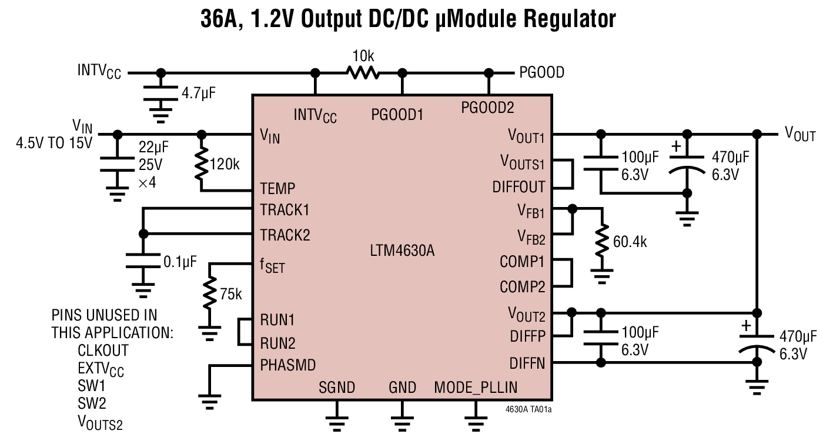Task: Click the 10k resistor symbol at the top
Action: click(x=363, y=72)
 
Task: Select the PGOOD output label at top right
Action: click(x=541, y=72)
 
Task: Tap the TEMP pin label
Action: click(x=277, y=189)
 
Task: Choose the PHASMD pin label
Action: click(x=288, y=365)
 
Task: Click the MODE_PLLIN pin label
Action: click(x=476, y=388)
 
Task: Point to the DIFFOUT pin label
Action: click(x=518, y=187)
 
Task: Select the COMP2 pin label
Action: click(x=522, y=287)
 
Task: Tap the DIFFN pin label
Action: click(x=527, y=364)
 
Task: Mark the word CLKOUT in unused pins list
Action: click(x=103, y=350)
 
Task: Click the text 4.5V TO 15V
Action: click(x=54, y=143)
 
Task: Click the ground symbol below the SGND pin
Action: click(x=337, y=420)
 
